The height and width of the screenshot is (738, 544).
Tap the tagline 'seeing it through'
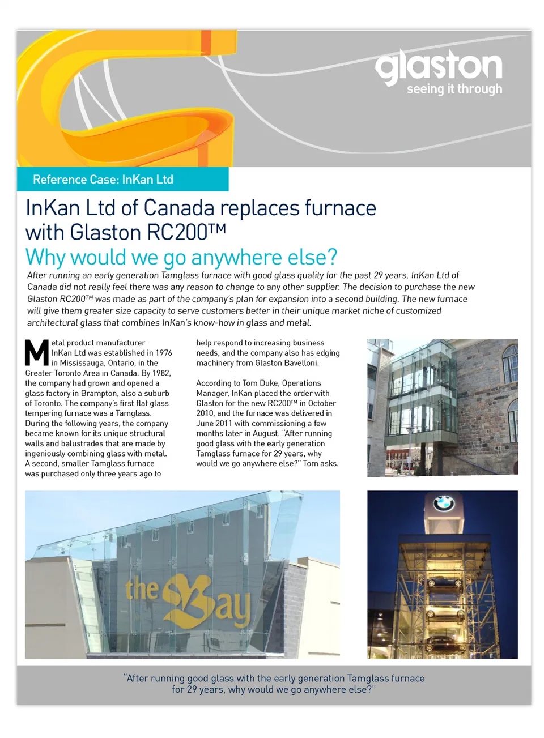454,89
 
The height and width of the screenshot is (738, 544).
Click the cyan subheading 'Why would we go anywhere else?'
181,257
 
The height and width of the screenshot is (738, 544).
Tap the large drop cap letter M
37,352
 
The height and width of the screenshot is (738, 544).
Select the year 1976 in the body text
163,353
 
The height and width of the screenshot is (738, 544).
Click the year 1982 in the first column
161,373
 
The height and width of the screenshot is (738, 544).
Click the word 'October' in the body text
322,403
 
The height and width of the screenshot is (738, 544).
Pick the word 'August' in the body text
265,434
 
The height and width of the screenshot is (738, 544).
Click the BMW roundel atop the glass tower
444,503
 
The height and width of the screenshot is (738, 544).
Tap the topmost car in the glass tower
445,581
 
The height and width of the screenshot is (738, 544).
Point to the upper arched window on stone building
510,362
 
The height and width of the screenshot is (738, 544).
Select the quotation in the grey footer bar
274,684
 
